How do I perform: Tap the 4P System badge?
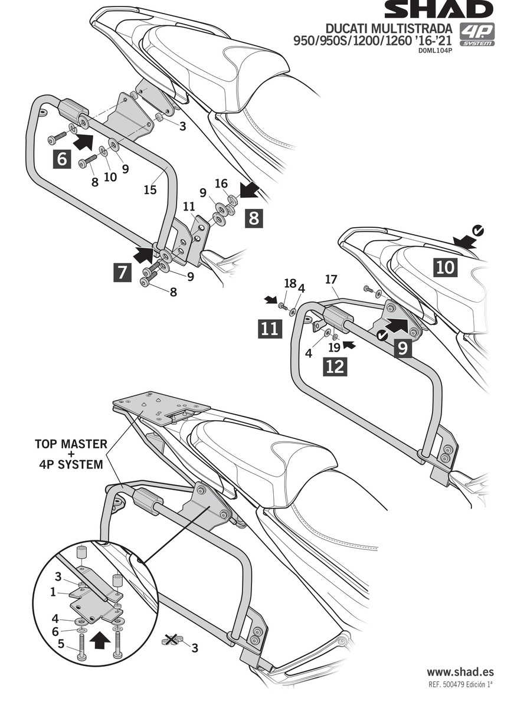(477, 35)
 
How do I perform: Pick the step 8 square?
(253, 219)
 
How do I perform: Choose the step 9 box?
(402, 348)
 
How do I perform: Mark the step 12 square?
(335, 366)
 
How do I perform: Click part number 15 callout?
(150, 190)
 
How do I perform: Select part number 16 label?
(221, 184)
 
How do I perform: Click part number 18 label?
(289, 283)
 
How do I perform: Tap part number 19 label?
(333, 348)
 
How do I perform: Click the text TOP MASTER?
(70, 443)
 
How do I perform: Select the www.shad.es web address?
(460, 672)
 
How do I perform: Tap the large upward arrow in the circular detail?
(101, 638)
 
